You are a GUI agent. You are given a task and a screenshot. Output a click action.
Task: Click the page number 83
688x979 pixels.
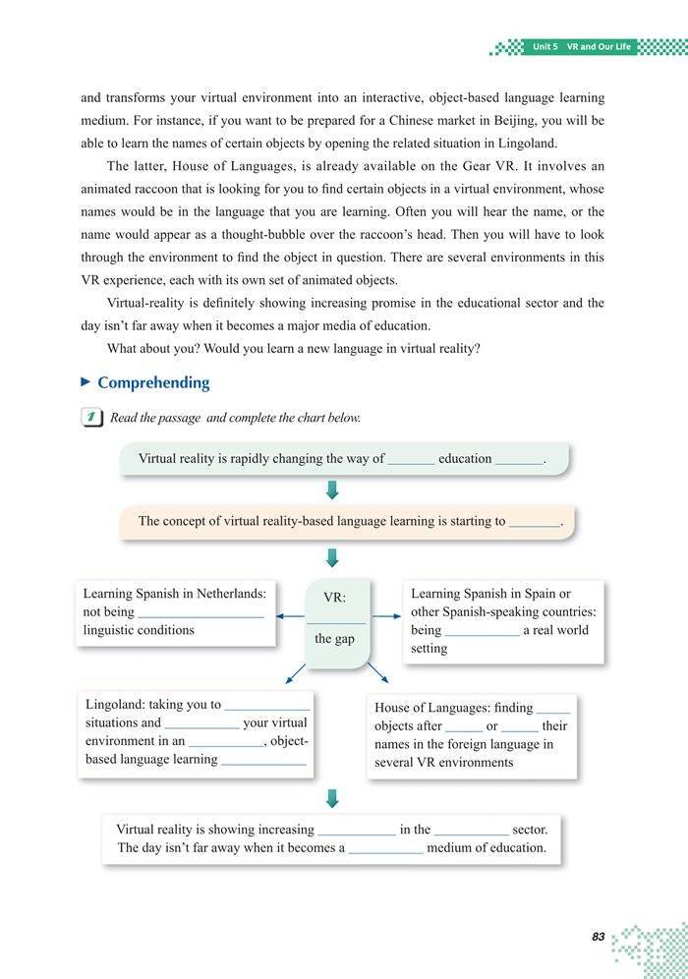[598, 937]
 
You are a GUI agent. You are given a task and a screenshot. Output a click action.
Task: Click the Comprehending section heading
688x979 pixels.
[153, 382]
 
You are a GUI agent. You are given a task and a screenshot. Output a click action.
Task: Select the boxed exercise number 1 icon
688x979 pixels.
[94, 418]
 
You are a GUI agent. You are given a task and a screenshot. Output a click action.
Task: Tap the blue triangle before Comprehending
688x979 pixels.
[86, 381]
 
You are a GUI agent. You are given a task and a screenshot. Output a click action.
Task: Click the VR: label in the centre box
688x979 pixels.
[334, 598]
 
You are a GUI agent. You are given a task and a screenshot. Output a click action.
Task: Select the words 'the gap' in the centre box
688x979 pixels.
[335, 639]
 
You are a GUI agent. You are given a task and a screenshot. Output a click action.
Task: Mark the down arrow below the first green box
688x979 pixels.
[332, 489]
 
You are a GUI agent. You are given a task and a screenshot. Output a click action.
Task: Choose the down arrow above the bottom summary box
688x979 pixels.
[332, 797]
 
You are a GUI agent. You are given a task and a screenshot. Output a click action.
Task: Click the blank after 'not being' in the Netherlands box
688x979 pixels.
[201, 613]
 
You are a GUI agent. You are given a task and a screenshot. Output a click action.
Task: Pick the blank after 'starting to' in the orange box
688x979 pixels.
[534, 523]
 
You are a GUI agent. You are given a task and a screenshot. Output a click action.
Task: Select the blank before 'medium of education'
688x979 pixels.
[385, 849]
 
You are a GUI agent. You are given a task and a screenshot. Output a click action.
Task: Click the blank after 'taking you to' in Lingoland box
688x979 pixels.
[267, 706]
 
